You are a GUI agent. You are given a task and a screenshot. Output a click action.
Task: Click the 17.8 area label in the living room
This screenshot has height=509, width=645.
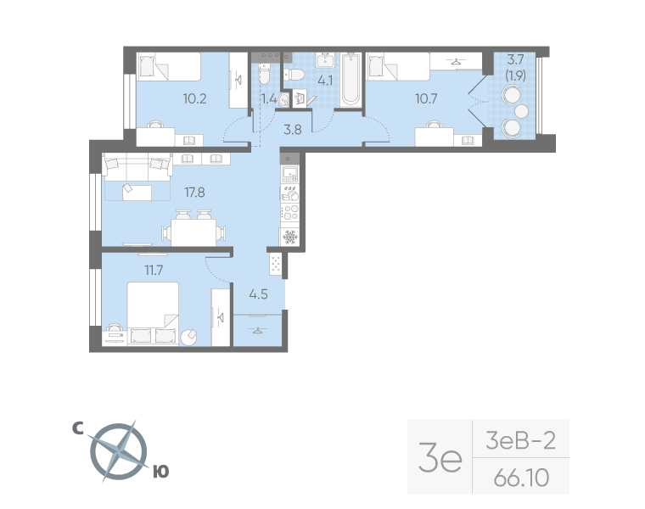(194, 192)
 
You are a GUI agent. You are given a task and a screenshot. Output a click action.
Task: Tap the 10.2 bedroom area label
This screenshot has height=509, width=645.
(194, 98)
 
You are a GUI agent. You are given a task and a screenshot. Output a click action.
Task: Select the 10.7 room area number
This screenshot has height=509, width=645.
(426, 98)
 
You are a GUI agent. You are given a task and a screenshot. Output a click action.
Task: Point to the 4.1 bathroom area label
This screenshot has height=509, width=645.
(325, 81)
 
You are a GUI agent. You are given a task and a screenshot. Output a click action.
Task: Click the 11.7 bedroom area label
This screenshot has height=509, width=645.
(154, 270)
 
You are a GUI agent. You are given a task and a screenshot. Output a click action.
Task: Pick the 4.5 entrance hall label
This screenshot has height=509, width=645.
(258, 294)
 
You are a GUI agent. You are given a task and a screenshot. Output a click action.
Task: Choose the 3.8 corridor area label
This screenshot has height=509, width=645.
(293, 130)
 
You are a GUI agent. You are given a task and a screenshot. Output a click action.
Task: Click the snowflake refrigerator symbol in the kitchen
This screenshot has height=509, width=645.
(290, 237)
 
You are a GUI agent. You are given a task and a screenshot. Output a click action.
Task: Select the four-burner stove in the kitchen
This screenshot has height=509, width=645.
(290, 213)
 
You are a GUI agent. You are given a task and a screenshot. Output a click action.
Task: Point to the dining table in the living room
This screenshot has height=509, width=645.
(193, 232)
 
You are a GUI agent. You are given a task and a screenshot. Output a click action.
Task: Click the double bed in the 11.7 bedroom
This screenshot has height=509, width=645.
(153, 313)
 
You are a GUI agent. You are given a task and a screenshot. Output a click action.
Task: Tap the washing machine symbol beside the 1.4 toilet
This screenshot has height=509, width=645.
(300, 99)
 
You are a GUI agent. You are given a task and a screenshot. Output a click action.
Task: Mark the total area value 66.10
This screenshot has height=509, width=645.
(521, 478)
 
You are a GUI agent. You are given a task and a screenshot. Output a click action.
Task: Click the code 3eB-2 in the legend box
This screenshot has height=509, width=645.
(520, 440)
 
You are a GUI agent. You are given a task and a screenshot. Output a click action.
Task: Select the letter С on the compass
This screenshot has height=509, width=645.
(78, 428)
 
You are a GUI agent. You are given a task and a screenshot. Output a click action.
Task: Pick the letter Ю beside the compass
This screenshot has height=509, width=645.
(161, 472)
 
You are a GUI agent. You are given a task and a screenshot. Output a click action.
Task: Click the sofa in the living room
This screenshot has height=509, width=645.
(137, 167)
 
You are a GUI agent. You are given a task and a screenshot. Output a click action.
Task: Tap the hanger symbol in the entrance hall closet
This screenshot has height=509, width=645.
(257, 330)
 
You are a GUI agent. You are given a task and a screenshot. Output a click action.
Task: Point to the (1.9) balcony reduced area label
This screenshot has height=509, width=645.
(515, 76)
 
